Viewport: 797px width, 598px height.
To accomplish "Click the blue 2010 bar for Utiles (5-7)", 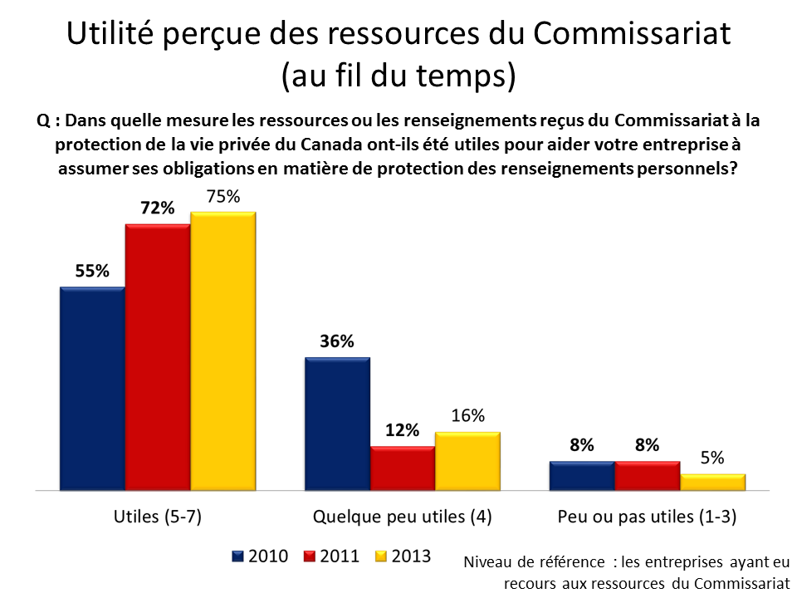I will [92, 388].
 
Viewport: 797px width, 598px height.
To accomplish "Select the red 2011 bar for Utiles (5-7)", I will [158, 356].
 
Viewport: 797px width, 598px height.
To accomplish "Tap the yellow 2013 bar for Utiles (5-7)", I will [222, 350].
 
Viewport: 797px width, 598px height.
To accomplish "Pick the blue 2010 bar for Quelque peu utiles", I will [337, 423].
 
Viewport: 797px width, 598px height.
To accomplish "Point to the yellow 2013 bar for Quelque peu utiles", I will [467, 460].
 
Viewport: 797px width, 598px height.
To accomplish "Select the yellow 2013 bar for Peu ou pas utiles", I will [712, 482].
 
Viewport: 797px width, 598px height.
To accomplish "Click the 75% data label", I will [223, 197].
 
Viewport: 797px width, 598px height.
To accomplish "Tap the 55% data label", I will [92, 272].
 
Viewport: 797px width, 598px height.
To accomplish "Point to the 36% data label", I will [337, 341].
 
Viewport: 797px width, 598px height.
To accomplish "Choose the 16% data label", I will [468, 416].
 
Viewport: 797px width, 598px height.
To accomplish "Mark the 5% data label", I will [712, 458].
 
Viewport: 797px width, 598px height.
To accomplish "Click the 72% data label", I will [158, 208].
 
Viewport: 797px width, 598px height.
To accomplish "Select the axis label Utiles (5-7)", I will [157, 517].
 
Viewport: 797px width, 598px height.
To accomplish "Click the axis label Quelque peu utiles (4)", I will [402, 517].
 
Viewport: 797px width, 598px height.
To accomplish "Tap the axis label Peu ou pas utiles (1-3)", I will [648, 517].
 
